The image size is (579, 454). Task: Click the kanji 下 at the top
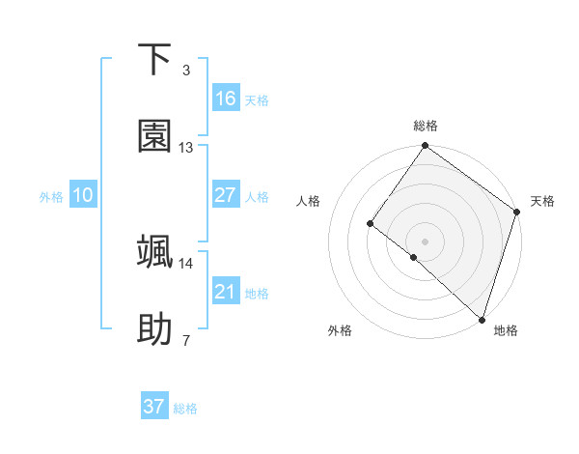155,60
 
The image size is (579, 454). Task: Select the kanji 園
155,137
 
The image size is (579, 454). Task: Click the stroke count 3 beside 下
185,71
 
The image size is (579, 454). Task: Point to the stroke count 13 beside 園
186,148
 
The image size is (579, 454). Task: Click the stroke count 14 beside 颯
186,263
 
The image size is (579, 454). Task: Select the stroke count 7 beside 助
185,340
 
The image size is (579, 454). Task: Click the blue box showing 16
226,99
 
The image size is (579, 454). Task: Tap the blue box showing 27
226,195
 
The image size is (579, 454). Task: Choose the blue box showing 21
226,292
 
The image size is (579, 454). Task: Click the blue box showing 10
83,195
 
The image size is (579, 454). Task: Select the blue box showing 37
154,407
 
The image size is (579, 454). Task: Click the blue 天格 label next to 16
257,99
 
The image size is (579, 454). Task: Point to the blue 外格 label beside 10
51,196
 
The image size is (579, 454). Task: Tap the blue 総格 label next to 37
185,409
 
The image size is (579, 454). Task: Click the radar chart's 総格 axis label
426,126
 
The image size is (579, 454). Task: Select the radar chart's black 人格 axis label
309,201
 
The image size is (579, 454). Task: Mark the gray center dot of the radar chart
425,241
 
